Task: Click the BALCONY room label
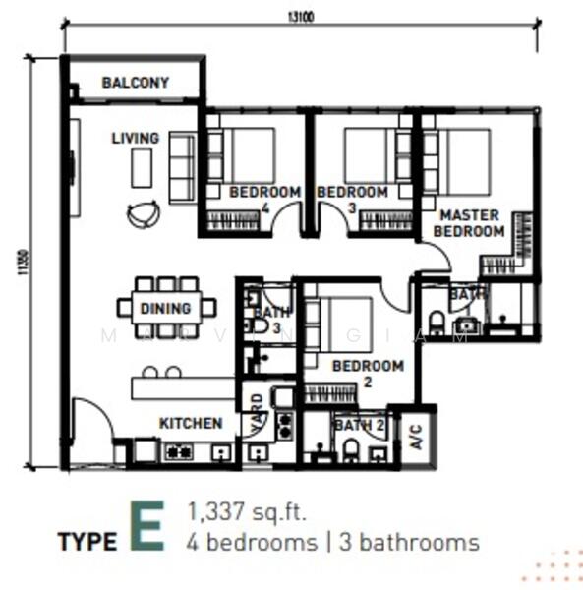[135, 84]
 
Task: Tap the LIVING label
[135, 138]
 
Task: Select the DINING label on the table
[165, 309]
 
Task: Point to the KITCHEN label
[191, 423]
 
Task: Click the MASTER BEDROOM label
[469, 223]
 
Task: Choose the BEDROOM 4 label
[263, 199]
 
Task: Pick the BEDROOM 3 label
[352, 199]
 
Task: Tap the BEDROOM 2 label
[368, 373]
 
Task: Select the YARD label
[257, 406]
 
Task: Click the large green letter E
[146, 529]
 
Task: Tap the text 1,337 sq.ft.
[247, 511]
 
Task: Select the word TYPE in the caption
[87, 542]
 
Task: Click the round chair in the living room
[144, 213]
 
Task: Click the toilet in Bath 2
[351, 449]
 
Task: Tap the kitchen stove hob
[178, 452]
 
